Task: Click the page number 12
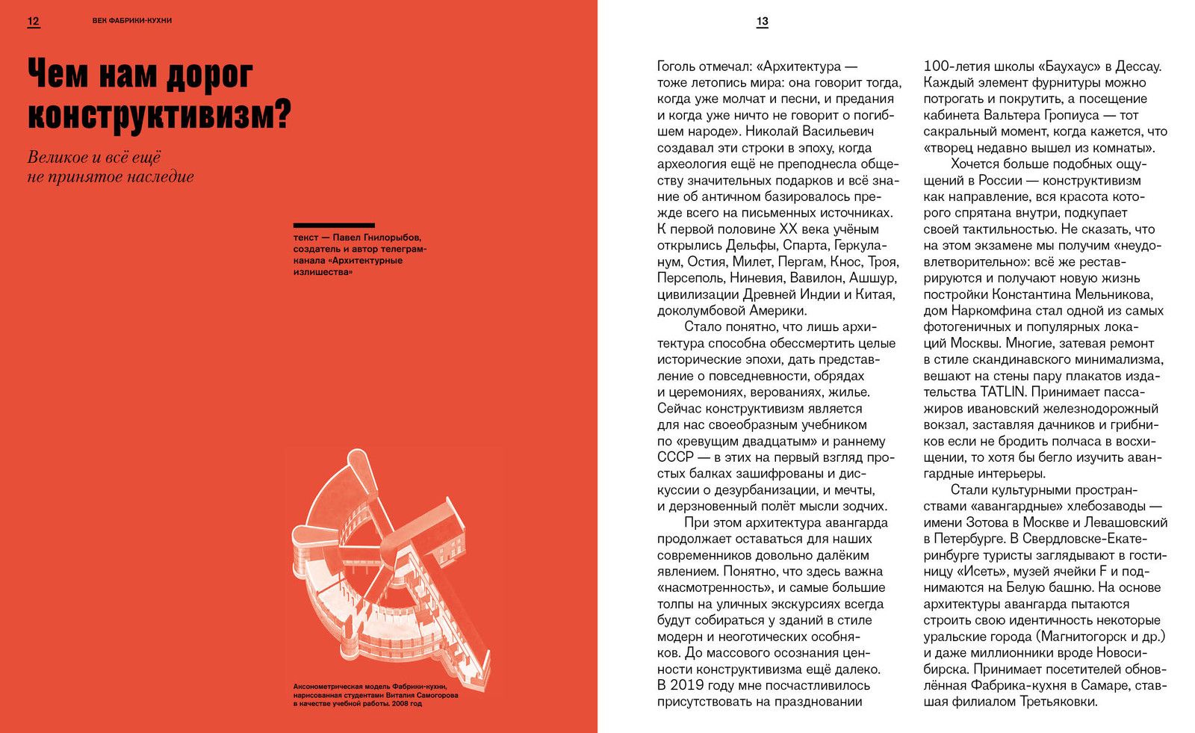(x=33, y=21)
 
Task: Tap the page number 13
(x=762, y=22)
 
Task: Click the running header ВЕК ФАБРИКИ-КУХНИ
(x=132, y=21)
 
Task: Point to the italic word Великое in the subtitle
(x=56, y=158)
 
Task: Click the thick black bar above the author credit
(x=334, y=225)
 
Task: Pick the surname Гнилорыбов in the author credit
(x=388, y=238)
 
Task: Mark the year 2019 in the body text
(x=686, y=685)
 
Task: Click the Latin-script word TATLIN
(x=1005, y=392)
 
